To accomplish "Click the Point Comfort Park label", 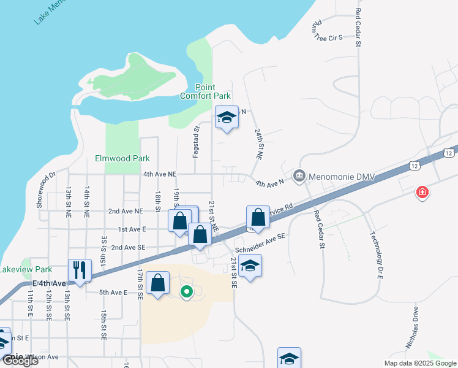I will coord(205,91).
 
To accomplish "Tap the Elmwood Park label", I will coord(122,158).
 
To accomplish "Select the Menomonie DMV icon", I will coord(299,176).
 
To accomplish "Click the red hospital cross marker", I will coord(422,193).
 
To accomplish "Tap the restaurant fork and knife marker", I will coord(80,270).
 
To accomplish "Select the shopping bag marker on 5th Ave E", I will coord(158,283).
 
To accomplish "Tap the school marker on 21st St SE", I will coord(250,266).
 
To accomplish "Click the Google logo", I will coord(20,361).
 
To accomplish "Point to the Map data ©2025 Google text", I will coord(419,363).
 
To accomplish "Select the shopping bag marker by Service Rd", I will coord(258,217).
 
